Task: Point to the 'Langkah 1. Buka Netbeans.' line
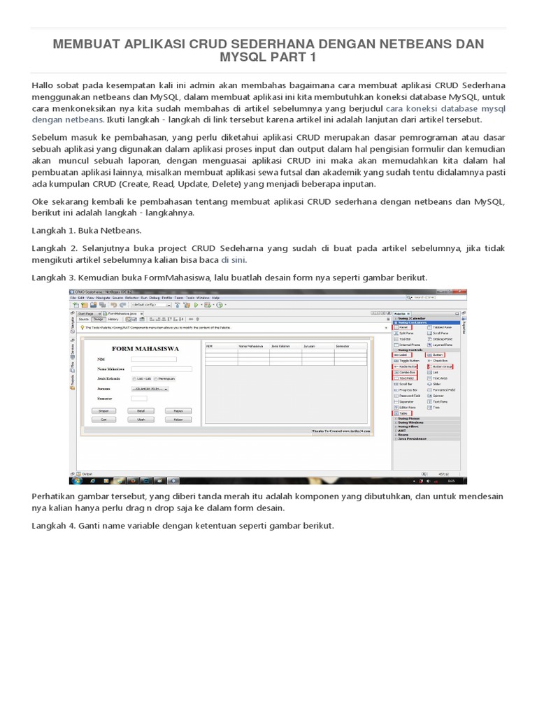pos(86,230)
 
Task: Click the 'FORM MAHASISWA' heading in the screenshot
pos(145,348)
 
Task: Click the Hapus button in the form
pos(178,410)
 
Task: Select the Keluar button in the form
pos(178,420)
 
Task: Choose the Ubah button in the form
pos(141,420)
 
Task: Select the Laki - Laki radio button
pos(134,378)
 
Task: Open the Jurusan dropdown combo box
pos(150,388)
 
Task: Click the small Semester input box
pos(139,399)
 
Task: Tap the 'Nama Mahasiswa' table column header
pos(250,346)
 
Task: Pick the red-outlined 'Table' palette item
pos(401,413)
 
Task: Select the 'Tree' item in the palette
pos(434,407)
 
